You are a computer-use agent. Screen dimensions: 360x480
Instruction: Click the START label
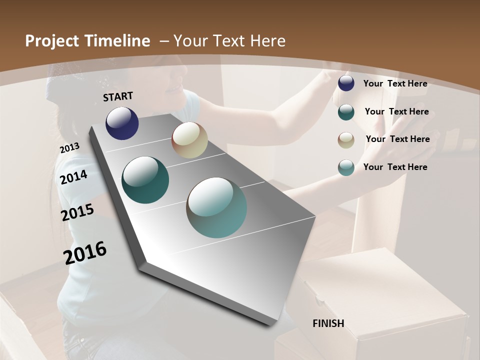coord(118,96)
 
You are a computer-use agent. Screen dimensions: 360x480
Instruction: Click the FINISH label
coord(328,323)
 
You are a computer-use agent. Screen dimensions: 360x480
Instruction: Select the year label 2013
coord(69,148)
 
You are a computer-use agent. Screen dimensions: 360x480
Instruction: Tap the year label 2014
coord(74,177)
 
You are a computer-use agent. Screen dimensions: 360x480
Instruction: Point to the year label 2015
coord(77,212)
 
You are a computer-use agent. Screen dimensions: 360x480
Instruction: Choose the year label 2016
coord(85,252)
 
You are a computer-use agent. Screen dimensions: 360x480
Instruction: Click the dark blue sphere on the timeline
coord(122,123)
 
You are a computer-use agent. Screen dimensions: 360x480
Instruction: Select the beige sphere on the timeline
coord(189,140)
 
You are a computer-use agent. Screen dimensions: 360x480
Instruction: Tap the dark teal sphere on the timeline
coord(145,180)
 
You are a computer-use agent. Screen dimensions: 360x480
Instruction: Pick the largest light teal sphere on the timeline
coord(216,207)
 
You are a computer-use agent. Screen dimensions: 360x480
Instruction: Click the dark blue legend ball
coord(346,83)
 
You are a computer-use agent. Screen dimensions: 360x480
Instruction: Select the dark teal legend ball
coord(346,111)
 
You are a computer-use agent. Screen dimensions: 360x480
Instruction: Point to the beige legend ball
coord(346,139)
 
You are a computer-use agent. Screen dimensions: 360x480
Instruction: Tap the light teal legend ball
coord(346,167)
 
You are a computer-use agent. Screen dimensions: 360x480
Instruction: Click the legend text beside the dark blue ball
coord(395,83)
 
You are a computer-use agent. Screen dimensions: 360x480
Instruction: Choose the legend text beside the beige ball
coord(397,139)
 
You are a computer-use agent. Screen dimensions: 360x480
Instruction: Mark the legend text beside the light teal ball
coord(395,167)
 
